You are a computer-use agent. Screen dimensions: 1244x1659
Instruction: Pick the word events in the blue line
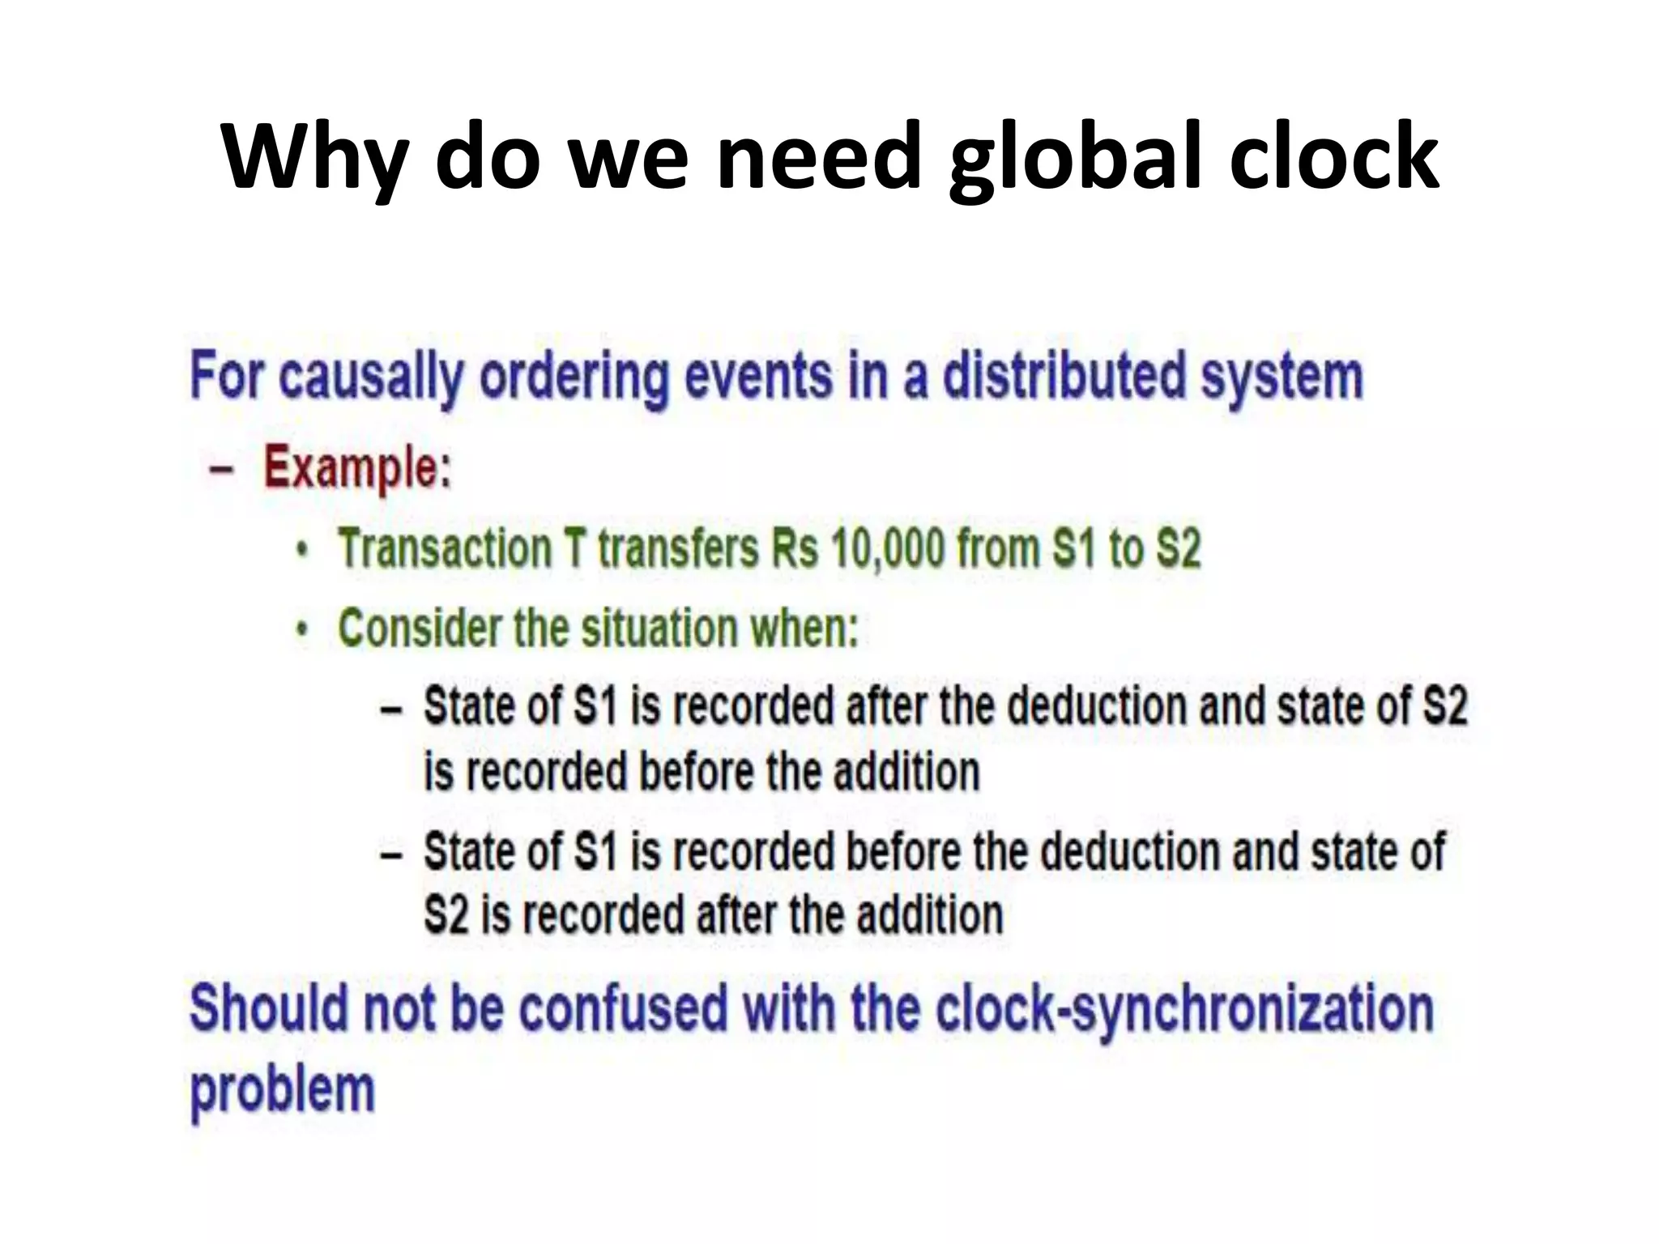tap(757, 376)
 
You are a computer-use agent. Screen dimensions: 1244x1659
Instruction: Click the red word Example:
tap(357, 468)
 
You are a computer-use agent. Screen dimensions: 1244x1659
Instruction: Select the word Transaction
tap(444, 548)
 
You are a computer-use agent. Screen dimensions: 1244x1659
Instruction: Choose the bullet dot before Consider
tap(302, 630)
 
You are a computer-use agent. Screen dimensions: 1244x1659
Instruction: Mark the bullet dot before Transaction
tap(302, 551)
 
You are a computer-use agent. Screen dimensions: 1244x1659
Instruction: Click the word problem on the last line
tap(282, 1089)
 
